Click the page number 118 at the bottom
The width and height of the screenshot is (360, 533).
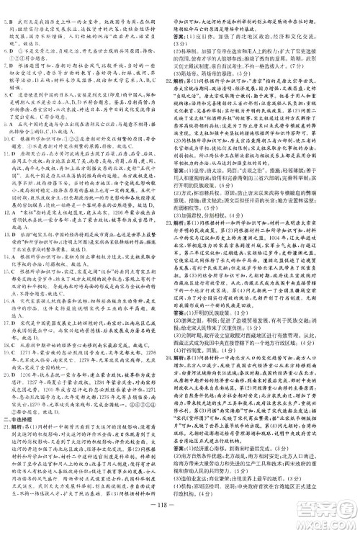coord(180,524)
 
